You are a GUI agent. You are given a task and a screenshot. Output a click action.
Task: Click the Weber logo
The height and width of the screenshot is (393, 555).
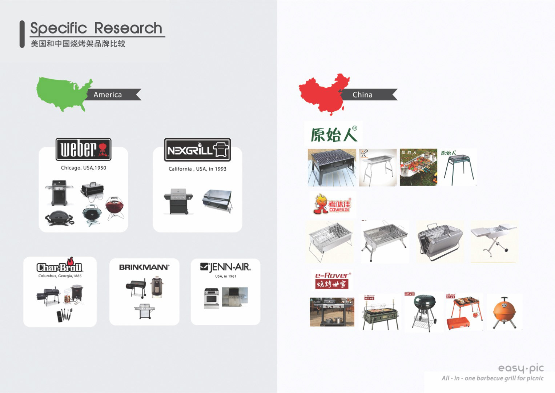coord(83,150)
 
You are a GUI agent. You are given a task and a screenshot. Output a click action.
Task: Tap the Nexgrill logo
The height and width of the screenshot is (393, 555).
coord(197,150)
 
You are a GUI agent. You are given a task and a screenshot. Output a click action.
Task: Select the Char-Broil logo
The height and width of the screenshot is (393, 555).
coord(60,267)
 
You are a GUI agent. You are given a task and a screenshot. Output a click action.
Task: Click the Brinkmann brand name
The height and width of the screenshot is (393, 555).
coord(144,267)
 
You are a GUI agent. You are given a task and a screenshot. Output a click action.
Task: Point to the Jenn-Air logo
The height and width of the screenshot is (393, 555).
coord(225,267)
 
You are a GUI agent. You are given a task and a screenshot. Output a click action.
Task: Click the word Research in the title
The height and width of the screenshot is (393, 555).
coord(128,28)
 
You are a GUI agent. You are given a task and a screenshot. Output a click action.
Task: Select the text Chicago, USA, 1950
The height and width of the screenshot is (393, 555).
coord(83,168)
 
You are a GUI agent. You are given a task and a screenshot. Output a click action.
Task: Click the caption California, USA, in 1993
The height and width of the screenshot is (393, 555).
coord(197,169)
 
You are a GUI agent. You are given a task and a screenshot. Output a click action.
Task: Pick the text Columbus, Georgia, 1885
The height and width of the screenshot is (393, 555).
coord(60,276)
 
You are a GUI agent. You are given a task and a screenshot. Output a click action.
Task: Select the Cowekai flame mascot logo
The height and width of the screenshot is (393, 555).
coord(332,204)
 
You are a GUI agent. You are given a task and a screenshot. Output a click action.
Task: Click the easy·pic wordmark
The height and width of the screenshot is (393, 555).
coord(520,368)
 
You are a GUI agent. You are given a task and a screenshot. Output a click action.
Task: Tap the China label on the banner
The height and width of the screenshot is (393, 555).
coord(362,95)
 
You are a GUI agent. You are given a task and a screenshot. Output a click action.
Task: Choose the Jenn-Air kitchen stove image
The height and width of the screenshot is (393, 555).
coord(211,298)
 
